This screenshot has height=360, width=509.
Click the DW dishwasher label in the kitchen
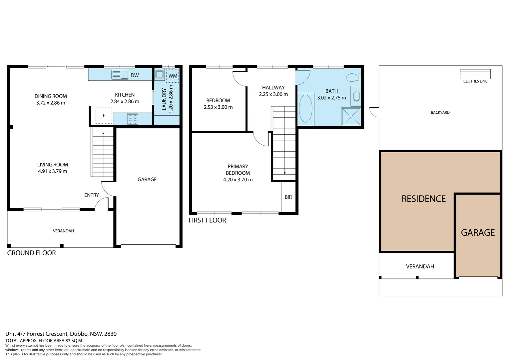(135, 75)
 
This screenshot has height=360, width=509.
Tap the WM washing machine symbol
(173, 76)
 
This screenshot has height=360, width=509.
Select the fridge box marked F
(104, 115)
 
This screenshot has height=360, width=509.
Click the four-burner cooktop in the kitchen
(133, 119)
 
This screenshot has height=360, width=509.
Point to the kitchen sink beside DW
(120, 75)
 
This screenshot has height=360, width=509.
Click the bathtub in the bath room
(305, 109)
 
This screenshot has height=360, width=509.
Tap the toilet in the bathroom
(353, 78)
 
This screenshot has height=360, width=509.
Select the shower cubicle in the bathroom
(351, 117)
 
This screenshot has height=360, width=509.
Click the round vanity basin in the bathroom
(356, 96)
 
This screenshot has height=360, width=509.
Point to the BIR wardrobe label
(288, 197)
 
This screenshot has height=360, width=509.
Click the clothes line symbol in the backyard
(475, 74)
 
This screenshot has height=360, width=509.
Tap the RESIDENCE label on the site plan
(423, 199)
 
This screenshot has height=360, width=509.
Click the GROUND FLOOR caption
(31, 253)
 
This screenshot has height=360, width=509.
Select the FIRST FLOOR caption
(207, 220)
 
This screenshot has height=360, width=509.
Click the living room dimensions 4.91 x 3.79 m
(53, 171)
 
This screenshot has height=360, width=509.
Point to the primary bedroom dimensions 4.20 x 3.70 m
(238, 180)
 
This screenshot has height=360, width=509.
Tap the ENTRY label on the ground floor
(92, 195)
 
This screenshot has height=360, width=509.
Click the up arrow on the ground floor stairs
(103, 134)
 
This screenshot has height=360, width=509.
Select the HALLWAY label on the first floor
(273, 88)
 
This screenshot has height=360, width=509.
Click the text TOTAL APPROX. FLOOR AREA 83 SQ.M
(44, 341)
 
